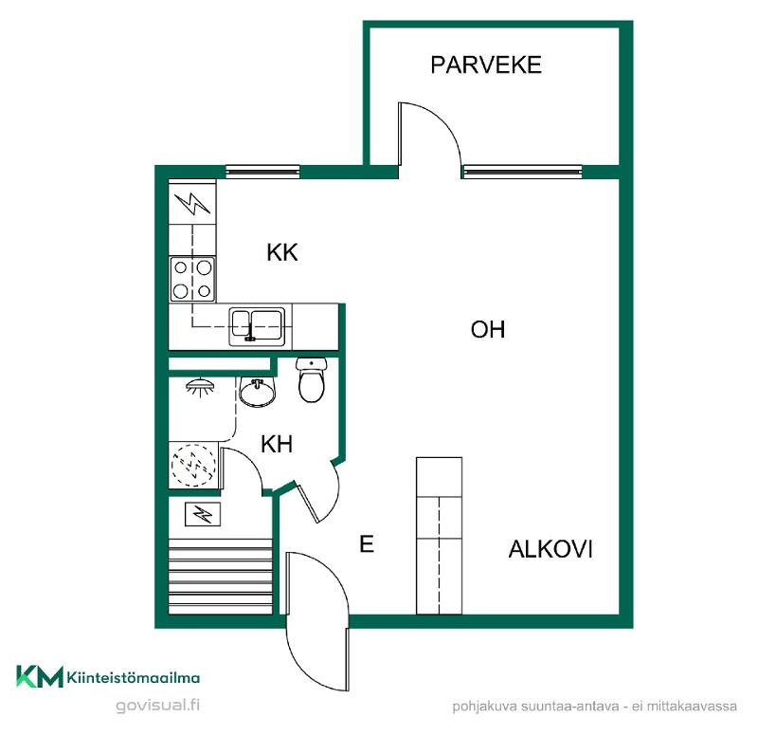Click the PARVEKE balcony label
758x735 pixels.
[486, 64]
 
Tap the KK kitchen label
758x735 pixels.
[282, 252]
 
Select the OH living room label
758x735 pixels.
[488, 329]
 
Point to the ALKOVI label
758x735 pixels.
[550, 549]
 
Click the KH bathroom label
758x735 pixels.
[277, 444]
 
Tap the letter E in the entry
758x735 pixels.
[367, 543]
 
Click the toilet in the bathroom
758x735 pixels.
[312, 380]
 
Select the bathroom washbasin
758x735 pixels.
[257, 392]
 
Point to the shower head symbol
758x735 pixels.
[200, 387]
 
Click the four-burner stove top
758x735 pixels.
[192, 279]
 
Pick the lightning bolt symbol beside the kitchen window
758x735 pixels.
[192, 203]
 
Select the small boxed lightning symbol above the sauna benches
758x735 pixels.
[203, 514]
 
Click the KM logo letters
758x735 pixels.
[40, 676]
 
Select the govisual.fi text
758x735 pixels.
[157, 705]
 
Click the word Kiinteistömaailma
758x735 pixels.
[134, 677]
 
